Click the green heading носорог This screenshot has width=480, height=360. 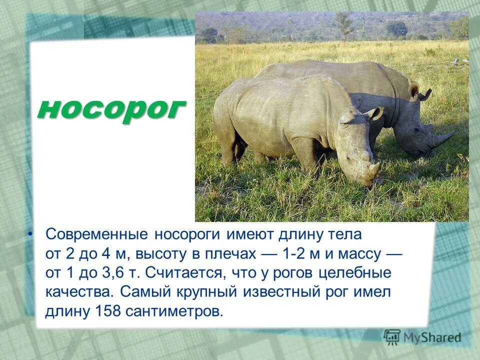pos(111,108)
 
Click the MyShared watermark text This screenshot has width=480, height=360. pos(433,337)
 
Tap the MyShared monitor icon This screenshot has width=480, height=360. pos(392,337)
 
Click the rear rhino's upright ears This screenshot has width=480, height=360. pos(418,92)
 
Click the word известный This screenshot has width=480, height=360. pos(287,292)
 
